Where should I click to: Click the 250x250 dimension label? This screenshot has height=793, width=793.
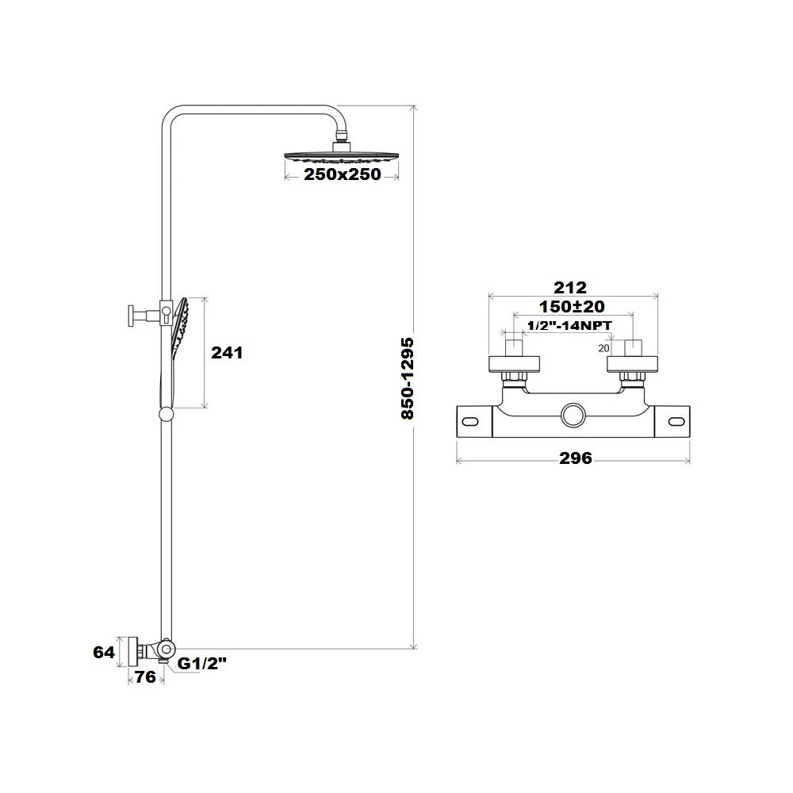click(342, 174)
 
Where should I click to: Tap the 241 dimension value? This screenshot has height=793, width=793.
click(227, 353)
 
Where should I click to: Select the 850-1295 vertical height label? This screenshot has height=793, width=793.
click(407, 378)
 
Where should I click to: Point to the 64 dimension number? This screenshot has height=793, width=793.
click(104, 653)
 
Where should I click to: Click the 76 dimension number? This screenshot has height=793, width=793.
click(145, 676)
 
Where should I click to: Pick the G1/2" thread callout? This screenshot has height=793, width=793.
click(201, 664)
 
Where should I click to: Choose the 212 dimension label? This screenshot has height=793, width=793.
click(570, 287)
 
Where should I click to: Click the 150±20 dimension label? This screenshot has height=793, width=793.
click(572, 306)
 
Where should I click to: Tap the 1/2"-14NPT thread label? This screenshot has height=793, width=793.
click(569, 325)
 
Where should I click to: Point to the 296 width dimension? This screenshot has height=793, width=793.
click(575, 458)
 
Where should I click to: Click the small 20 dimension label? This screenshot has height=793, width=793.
click(603, 348)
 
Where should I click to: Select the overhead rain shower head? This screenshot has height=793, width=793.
click(341, 155)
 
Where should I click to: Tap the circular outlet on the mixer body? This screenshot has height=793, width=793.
click(573, 416)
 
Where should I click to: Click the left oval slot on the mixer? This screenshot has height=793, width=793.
click(470, 422)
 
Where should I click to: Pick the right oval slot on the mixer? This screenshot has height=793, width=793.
click(676, 422)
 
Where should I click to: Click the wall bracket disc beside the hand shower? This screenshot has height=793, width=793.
click(131, 316)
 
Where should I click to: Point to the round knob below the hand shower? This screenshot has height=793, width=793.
click(166, 414)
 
